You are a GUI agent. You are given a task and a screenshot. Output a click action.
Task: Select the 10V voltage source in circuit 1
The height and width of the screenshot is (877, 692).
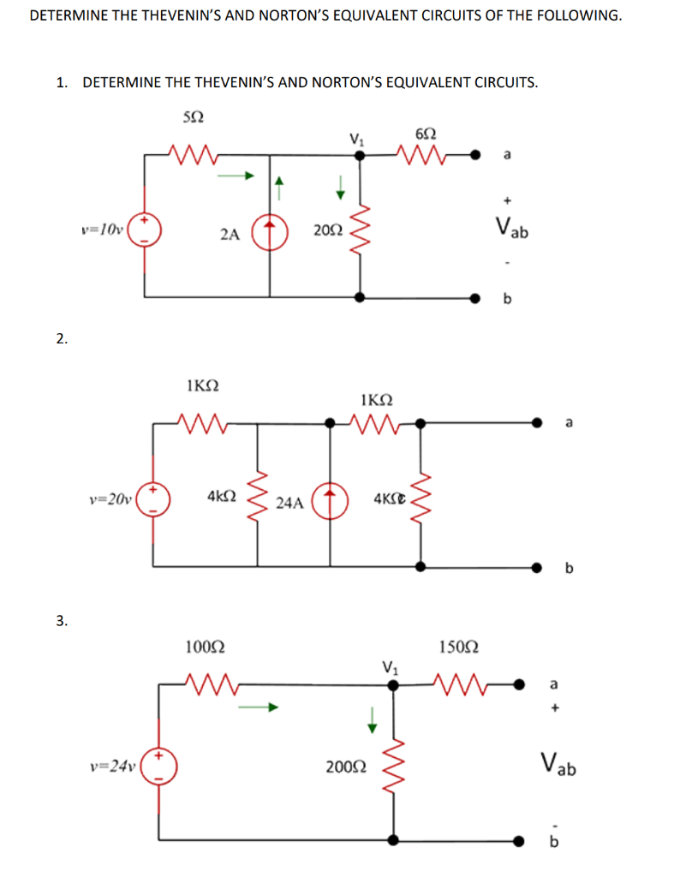point(144,229)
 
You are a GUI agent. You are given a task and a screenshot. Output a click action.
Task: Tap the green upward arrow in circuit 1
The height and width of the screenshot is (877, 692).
point(277,182)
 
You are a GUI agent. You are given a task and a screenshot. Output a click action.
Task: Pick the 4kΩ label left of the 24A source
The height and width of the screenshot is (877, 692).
point(221,496)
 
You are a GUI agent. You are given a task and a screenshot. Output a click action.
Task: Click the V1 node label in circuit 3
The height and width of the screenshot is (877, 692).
point(390,665)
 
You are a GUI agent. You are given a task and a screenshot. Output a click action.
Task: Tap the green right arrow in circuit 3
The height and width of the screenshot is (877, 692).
point(258,707)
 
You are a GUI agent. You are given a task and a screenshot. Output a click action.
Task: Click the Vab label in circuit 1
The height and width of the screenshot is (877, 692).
point(512,228)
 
